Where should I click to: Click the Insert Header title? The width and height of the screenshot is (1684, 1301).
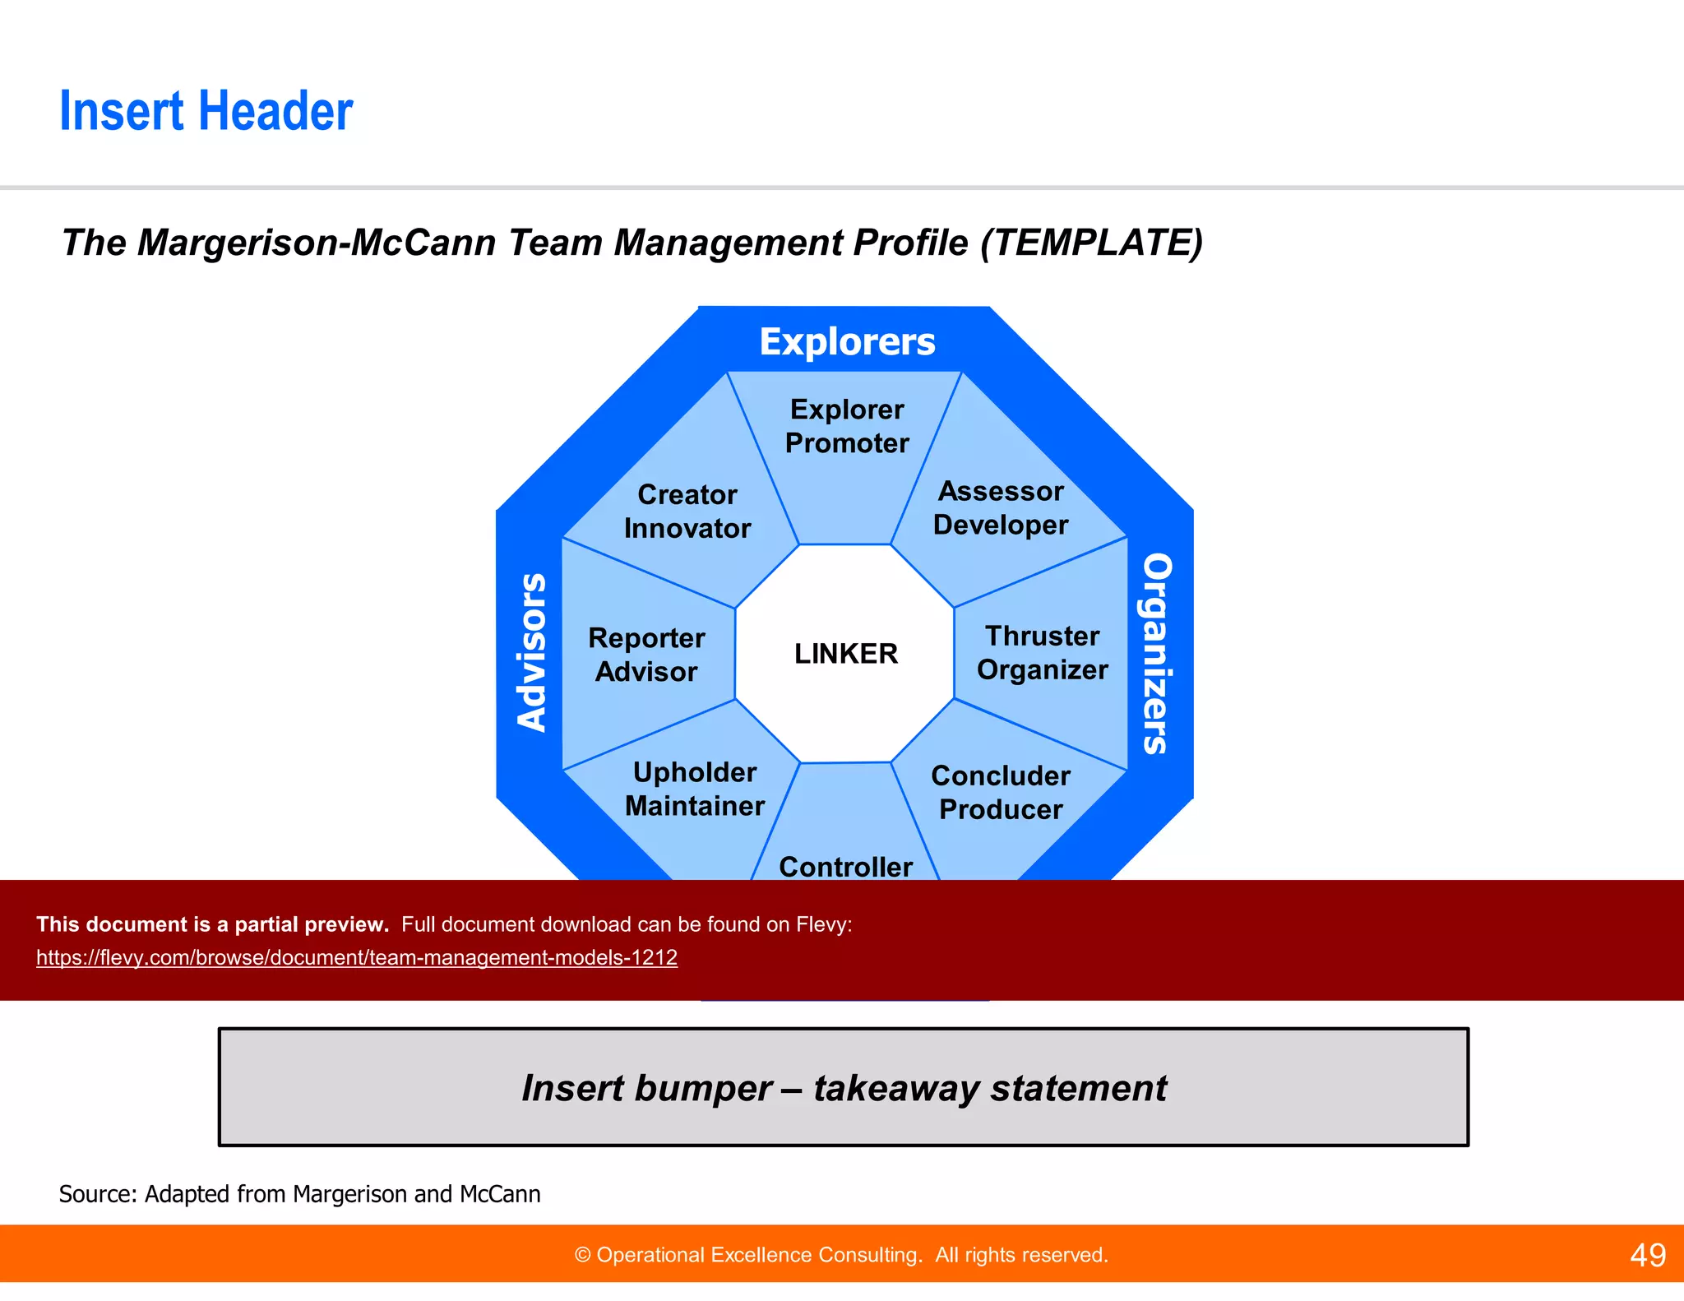pyautogui.click(x=206, y=111)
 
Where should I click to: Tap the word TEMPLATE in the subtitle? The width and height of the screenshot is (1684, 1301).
pyautogui.click(x=1090, y=243)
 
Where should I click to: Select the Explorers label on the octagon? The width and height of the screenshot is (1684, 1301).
pyautogui.click(x=847, y=341)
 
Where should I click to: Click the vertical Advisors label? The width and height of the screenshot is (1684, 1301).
pyautogui.click(x=531, y=651)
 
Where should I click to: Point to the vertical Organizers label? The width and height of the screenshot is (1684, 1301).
pyautogui.click(x=1157, y=653)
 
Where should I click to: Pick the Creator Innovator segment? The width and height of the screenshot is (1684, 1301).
pyautogui.click(x=687, y=512)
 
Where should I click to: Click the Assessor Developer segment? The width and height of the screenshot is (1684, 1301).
pyautogui.click(x=1001, y=508)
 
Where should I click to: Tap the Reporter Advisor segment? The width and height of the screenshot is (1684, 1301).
pyautogui.click(x=647, y=655)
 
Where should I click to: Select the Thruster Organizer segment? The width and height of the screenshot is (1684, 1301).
pyautogui.click(x=1042, y=653)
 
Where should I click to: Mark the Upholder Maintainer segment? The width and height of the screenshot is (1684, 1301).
pyautogui.click(x=695, y=789)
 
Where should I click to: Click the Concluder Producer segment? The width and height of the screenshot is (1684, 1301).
pyautogui.click(x=1001, y=792)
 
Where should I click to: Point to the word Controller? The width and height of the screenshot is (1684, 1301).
pyautogui.click(x=845, y=866)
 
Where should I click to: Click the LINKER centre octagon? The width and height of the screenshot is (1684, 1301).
pyautogui.click(x=845, y=654)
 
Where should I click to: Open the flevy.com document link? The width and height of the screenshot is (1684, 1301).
pyautogui.click(x=357, y=957)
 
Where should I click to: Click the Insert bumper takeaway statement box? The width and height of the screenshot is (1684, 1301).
pyautogui.click(x=844, y=1087)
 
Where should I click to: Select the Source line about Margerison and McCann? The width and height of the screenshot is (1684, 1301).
pyautogui.click(x=300, y=1193)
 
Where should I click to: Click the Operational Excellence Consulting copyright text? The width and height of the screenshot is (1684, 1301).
pyautogui.click(x=841, y=1255)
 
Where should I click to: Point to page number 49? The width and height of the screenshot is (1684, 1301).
pyautogui.click(x=1647, y=1255)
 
